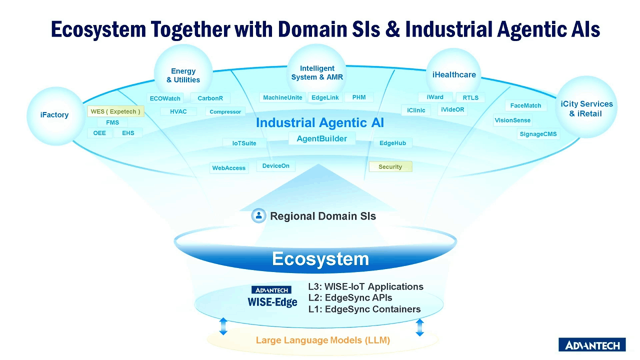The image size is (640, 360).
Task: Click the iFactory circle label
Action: [54, 115]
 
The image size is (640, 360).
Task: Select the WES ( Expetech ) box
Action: [115, 111]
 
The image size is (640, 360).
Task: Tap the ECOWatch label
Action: [165, 98]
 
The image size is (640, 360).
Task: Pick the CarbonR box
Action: [210, 98]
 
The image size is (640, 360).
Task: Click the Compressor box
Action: [225, 111]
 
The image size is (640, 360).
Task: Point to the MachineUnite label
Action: [282, 97]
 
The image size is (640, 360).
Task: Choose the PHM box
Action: [359, 97]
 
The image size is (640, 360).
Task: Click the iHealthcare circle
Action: [453, 75]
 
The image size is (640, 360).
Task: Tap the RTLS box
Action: [470, 97]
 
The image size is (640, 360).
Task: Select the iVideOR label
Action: [452, 109]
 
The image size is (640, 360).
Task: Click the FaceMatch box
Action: [525, 105]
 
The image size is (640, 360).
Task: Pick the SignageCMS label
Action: [538, 134]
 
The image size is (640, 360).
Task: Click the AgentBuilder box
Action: [322, 139]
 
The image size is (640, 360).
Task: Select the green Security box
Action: [390, 167]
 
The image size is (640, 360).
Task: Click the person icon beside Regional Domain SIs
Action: [259, 215]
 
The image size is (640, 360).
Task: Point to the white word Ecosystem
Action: [320, 259]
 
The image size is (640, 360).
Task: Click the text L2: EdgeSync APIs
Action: [350, 297]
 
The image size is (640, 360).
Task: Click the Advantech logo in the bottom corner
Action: [592, 345]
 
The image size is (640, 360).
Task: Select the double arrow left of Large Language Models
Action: [223, 326]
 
